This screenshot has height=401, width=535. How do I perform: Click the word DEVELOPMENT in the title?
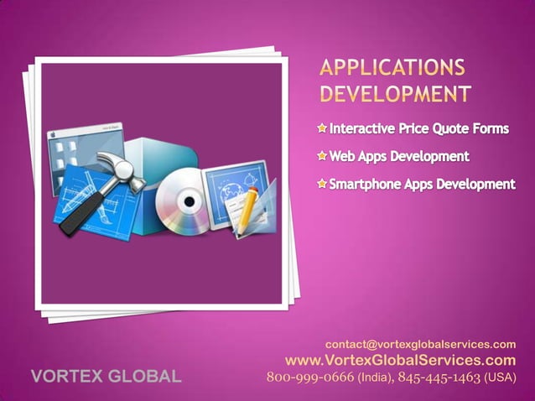395,91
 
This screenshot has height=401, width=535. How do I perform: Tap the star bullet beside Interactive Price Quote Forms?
323,129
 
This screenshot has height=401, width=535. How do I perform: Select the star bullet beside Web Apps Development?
323,156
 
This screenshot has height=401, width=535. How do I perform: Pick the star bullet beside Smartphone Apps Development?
323,183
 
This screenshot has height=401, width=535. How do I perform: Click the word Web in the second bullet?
342,156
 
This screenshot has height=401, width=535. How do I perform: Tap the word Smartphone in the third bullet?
365,183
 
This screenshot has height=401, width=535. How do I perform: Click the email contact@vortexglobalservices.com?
420,344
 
